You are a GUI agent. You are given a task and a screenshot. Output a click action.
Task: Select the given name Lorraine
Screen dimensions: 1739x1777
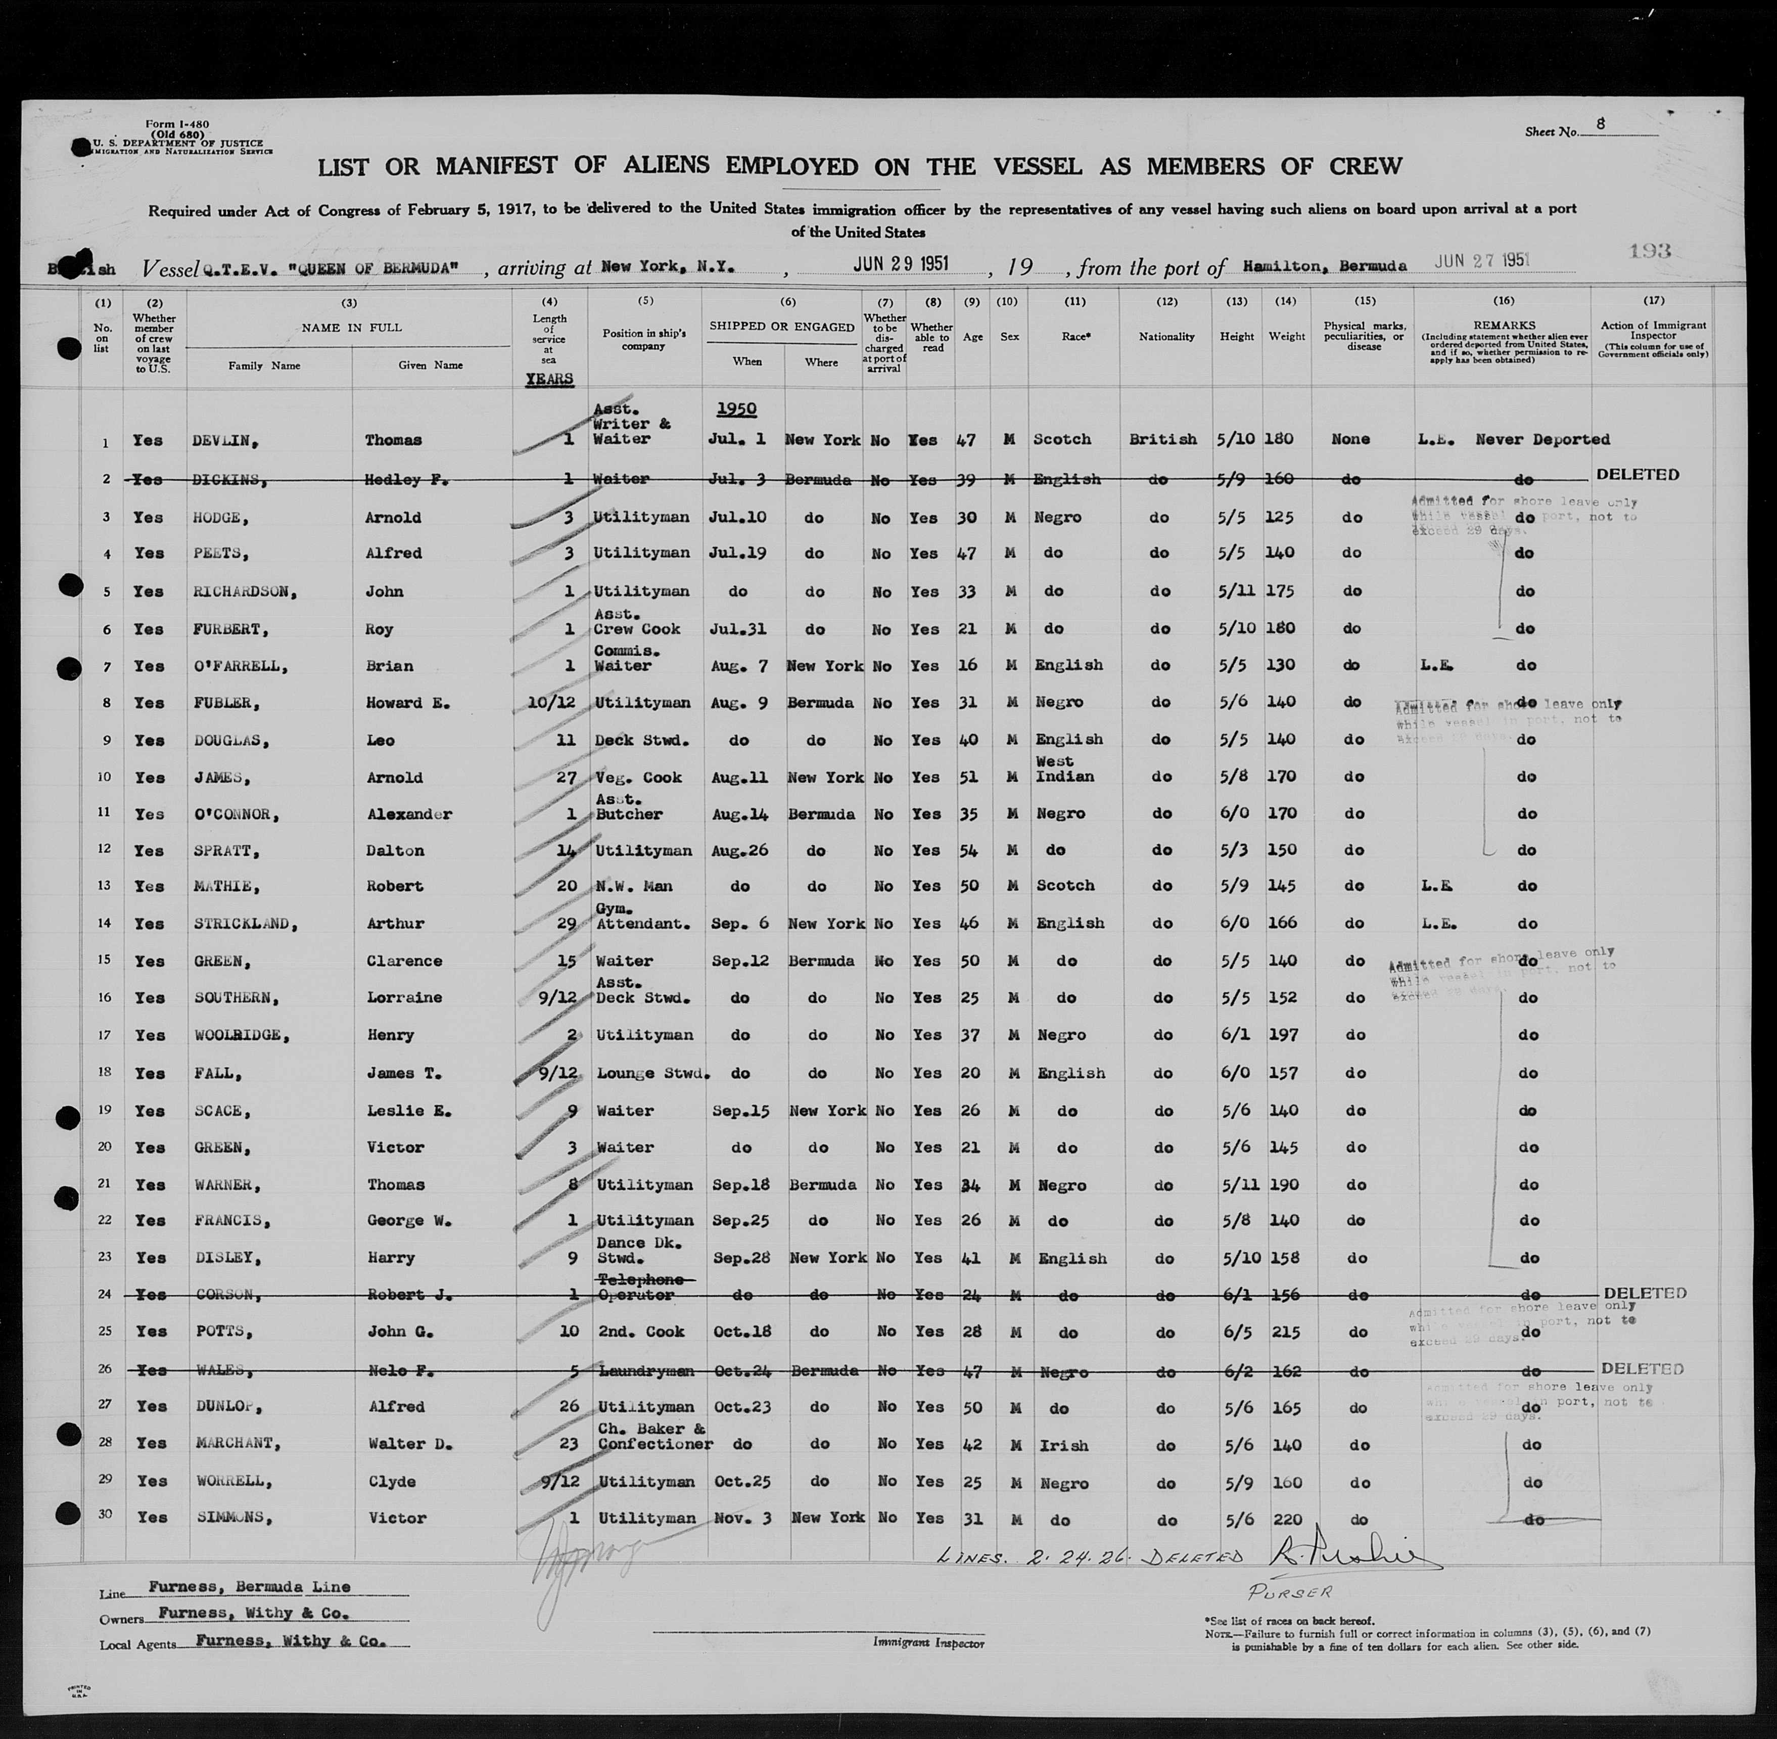coord(404,997)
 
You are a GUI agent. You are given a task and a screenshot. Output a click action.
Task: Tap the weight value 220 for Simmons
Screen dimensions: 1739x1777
coord(1286,1518)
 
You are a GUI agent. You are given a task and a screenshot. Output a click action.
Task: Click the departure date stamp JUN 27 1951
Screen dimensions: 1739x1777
coord(1481,260)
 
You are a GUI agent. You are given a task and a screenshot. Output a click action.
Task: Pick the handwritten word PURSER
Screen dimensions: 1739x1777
coord(1290,1591)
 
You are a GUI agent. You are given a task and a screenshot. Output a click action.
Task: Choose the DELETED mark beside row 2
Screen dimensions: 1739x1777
coord(1638,475)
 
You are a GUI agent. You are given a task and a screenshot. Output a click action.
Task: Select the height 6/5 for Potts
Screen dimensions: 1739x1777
coord(1236,1332)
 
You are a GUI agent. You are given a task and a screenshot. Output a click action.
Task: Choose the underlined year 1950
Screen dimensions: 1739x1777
coord(736,408)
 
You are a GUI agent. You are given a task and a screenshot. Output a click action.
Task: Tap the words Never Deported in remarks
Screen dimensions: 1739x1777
coord(1542,439)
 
